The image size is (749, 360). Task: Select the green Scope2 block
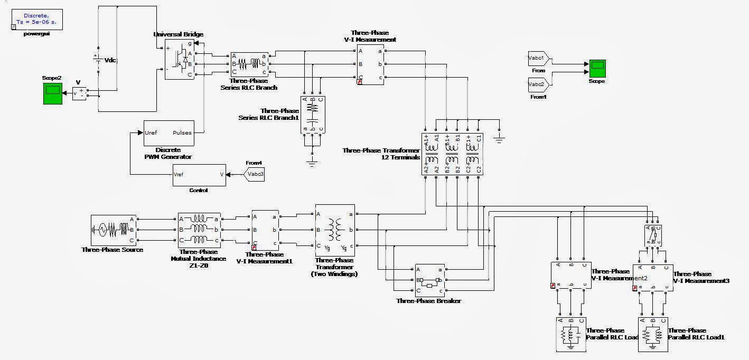tap(52, 93)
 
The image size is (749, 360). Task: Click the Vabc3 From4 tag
tap(254, 174)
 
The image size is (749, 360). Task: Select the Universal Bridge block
tap(180, 59)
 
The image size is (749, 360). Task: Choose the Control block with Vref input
tap(199, 175)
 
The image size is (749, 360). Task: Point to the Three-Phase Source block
tap(113, 230)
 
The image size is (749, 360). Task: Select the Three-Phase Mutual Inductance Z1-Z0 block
tap(199, 230)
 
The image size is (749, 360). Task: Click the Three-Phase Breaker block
tap(430, 280)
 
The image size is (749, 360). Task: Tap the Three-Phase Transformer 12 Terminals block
tap(452, 153)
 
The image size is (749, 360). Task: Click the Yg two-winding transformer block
tap(335, 230)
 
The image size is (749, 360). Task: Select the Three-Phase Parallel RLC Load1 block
tap(653, 334)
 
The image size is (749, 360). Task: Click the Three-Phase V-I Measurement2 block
tap(570, 275)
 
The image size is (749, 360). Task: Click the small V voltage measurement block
tap(79, 93)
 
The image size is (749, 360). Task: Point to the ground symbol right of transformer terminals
tap(499, 139)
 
